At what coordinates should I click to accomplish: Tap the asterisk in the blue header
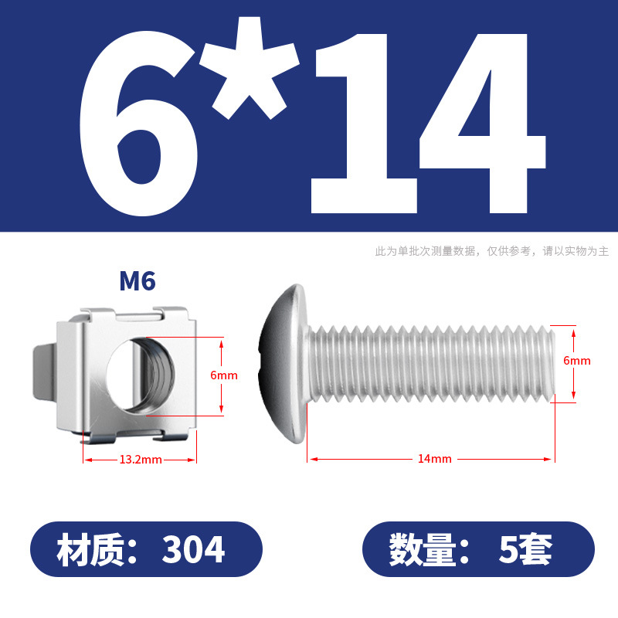[249, 67]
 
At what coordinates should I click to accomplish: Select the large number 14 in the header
[429, 124]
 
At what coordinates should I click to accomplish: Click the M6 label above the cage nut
[138, 281]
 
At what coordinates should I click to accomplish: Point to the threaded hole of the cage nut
[141, 375]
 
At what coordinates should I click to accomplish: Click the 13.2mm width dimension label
[141, 460]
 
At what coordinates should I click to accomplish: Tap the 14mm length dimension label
[435, 459]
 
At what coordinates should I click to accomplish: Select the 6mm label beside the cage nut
[224, 375]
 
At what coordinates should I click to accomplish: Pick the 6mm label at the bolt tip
[576, 361]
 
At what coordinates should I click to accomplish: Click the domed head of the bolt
[283, 363]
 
